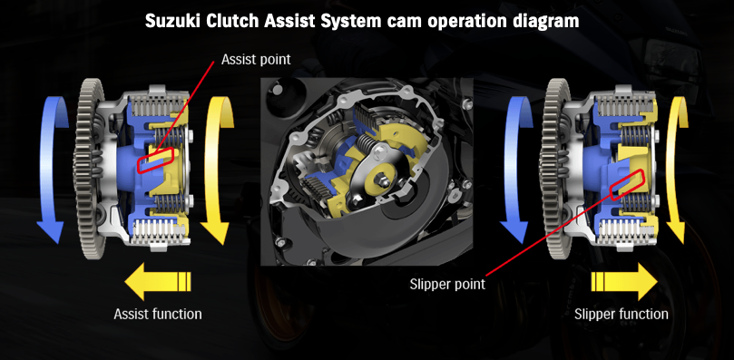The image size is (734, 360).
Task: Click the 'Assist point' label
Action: pos(256,60)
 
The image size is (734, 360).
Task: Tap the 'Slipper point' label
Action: pos(447,284)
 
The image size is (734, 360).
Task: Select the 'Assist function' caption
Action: pos(158,314)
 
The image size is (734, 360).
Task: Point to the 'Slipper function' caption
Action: pos(621,314)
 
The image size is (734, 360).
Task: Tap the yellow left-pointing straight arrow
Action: pos(158,280)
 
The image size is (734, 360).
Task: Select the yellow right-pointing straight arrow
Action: pos(624,280)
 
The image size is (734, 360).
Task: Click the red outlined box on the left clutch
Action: pos(155,161)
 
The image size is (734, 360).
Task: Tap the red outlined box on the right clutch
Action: pos(628,184)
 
